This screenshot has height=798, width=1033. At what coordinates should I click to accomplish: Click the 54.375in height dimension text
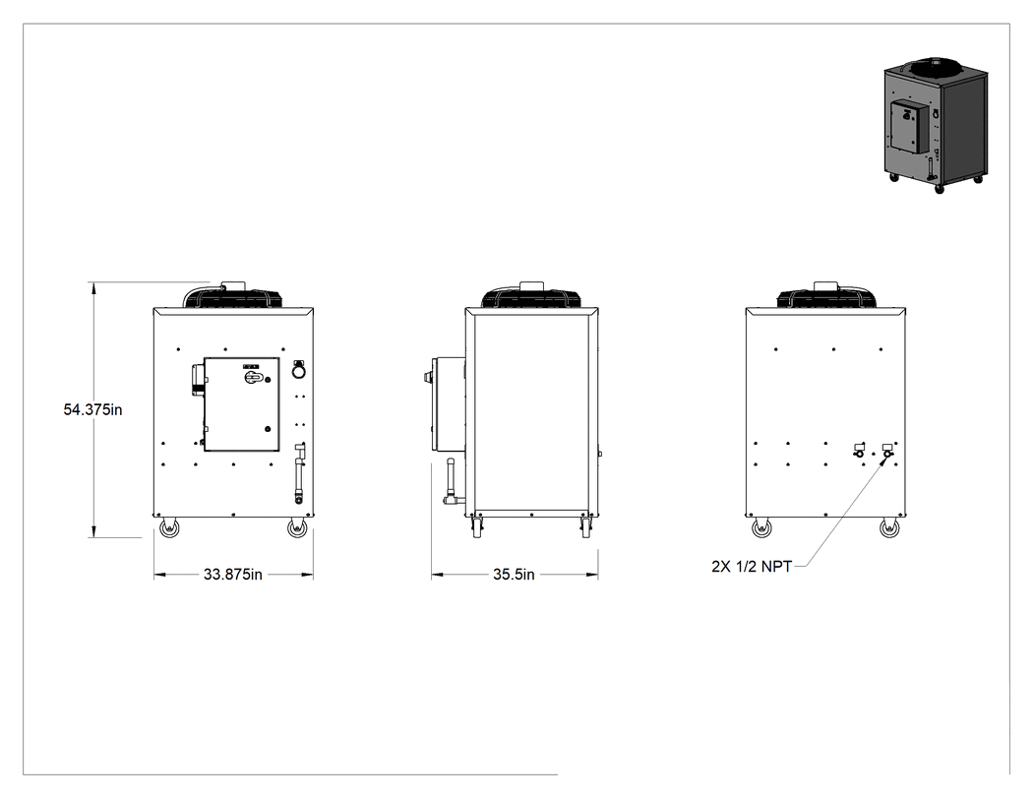coord(92,409)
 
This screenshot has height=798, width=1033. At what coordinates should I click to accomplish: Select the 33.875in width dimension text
coord(232,575)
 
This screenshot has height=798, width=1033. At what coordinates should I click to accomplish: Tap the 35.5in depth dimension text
coord(514,575)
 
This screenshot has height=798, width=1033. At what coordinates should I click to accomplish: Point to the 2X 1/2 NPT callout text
coord(752,567)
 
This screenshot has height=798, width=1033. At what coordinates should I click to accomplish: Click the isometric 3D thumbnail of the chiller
coord(936,125)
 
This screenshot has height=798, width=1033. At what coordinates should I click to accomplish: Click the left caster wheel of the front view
coord(169,527)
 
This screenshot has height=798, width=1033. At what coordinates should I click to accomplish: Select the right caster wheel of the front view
coord(298,527)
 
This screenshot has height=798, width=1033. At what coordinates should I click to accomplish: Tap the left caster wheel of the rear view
coord(762,527)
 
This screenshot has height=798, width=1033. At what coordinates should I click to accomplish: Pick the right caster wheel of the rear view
coord(890,527)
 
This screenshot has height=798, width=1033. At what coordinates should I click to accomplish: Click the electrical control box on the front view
coord(241,404)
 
